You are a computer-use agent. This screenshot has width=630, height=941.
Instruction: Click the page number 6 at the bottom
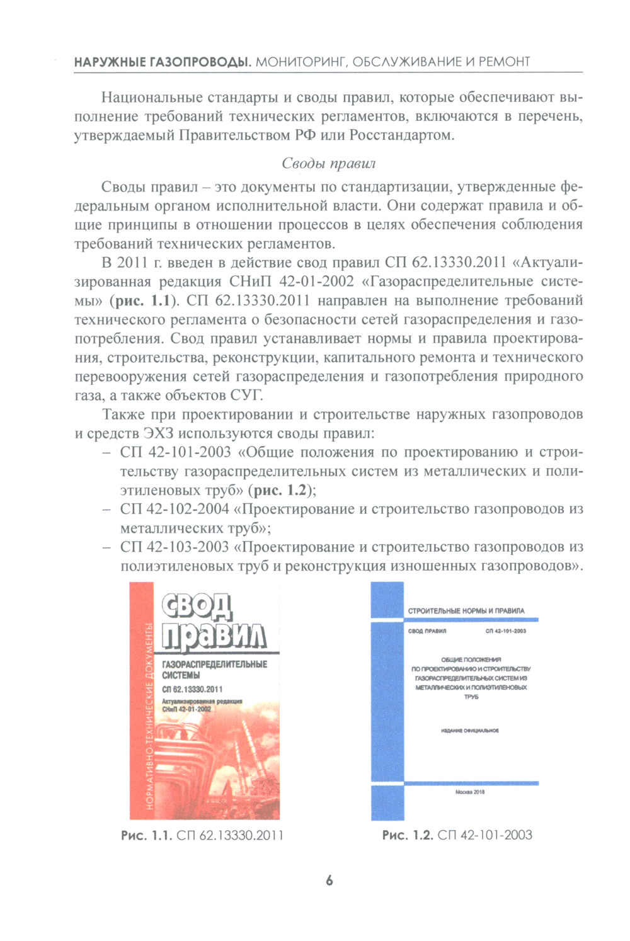[x=329, y=881]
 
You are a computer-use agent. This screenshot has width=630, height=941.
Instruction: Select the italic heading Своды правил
[x=328, y=164]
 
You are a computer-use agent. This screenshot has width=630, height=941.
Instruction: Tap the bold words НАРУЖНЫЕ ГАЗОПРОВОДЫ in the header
[x=163, y=62]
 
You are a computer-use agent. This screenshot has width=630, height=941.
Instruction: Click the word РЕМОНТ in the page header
[x=505, y=62]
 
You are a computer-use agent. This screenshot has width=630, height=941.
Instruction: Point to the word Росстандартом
[x=401, y=135]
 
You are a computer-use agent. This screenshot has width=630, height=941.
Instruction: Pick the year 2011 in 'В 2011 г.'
[x=132, y=263]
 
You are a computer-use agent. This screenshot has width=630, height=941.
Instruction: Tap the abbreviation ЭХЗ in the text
[x=159, y=433]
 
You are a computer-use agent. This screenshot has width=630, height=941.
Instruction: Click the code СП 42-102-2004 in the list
[x=175, y=509]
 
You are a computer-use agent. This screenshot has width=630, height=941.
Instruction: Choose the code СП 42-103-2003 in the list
[x=175, y=547]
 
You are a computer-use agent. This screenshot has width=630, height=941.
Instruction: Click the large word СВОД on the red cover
[x=197, y=607]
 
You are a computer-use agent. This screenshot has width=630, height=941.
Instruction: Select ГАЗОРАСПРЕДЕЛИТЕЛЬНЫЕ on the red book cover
[x=214, y=664]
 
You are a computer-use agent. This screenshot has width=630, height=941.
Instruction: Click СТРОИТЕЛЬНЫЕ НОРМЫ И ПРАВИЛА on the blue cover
[x=466, y=611]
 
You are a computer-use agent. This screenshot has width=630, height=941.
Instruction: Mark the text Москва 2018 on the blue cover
[x=470, y=792]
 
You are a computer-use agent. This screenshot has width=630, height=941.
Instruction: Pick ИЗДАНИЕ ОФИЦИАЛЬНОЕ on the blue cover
[x=470, y=731]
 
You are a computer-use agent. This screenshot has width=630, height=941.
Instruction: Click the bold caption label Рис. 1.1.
[x=146, y=835]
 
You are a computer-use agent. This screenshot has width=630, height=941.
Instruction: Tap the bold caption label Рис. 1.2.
[x=408, y=835]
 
